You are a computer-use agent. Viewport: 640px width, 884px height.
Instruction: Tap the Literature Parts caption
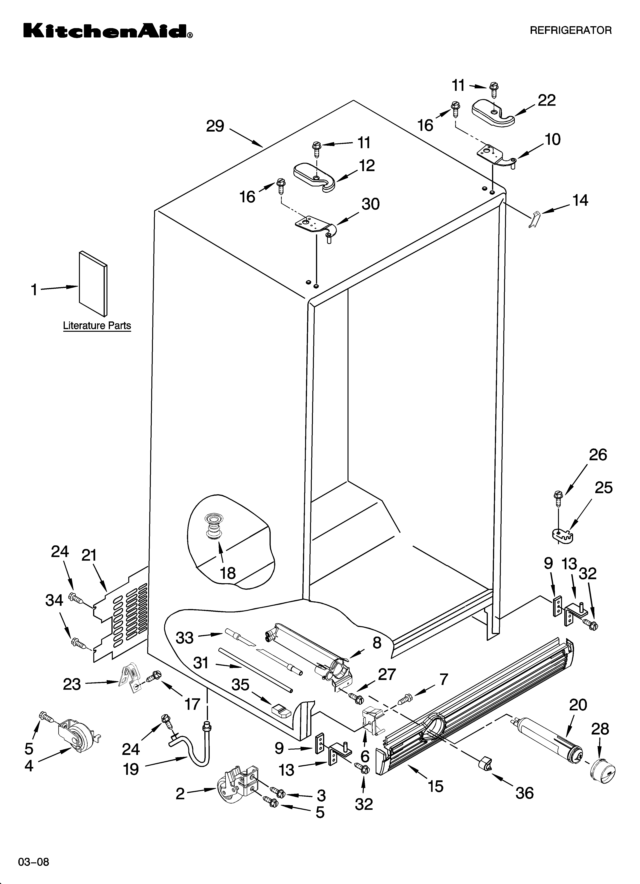coord(97,325)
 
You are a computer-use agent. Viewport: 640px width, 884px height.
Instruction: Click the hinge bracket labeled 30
coord(314,226)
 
